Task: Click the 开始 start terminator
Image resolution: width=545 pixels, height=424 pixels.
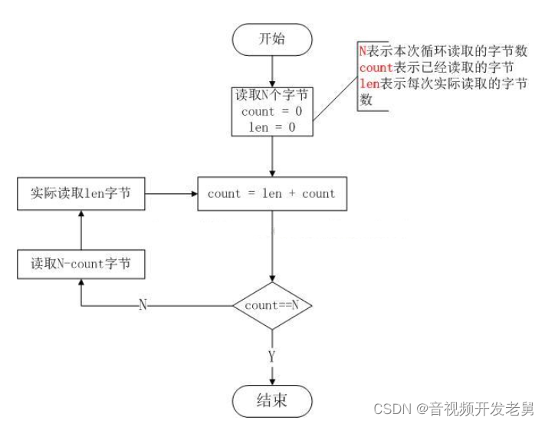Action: (273, 38)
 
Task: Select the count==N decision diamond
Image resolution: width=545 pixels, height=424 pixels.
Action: (272, 305)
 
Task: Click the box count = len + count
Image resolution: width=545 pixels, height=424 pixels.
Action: (271, 194)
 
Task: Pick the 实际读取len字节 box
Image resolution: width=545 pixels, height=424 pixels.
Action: (80, 194)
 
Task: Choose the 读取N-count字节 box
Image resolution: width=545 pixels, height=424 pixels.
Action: (80, 264)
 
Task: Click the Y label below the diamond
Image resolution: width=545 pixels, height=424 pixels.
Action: (272, 357)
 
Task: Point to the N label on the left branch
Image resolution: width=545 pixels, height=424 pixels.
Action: (143, 305)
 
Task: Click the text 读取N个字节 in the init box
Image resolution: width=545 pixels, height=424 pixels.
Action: (272, 97)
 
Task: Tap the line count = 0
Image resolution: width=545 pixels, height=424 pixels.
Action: (272, 112)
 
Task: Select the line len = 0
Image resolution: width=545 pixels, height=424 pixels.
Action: (272, 127)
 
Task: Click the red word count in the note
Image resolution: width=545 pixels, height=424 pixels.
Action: (376, 68)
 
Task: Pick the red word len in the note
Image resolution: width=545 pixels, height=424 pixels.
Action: (369, 85)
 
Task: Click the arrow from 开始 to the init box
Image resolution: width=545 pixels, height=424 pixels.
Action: (273, 71)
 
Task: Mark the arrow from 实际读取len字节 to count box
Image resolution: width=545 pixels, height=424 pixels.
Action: (171, 194)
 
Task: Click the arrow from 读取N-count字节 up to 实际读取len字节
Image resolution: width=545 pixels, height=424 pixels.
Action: (80, 230)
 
